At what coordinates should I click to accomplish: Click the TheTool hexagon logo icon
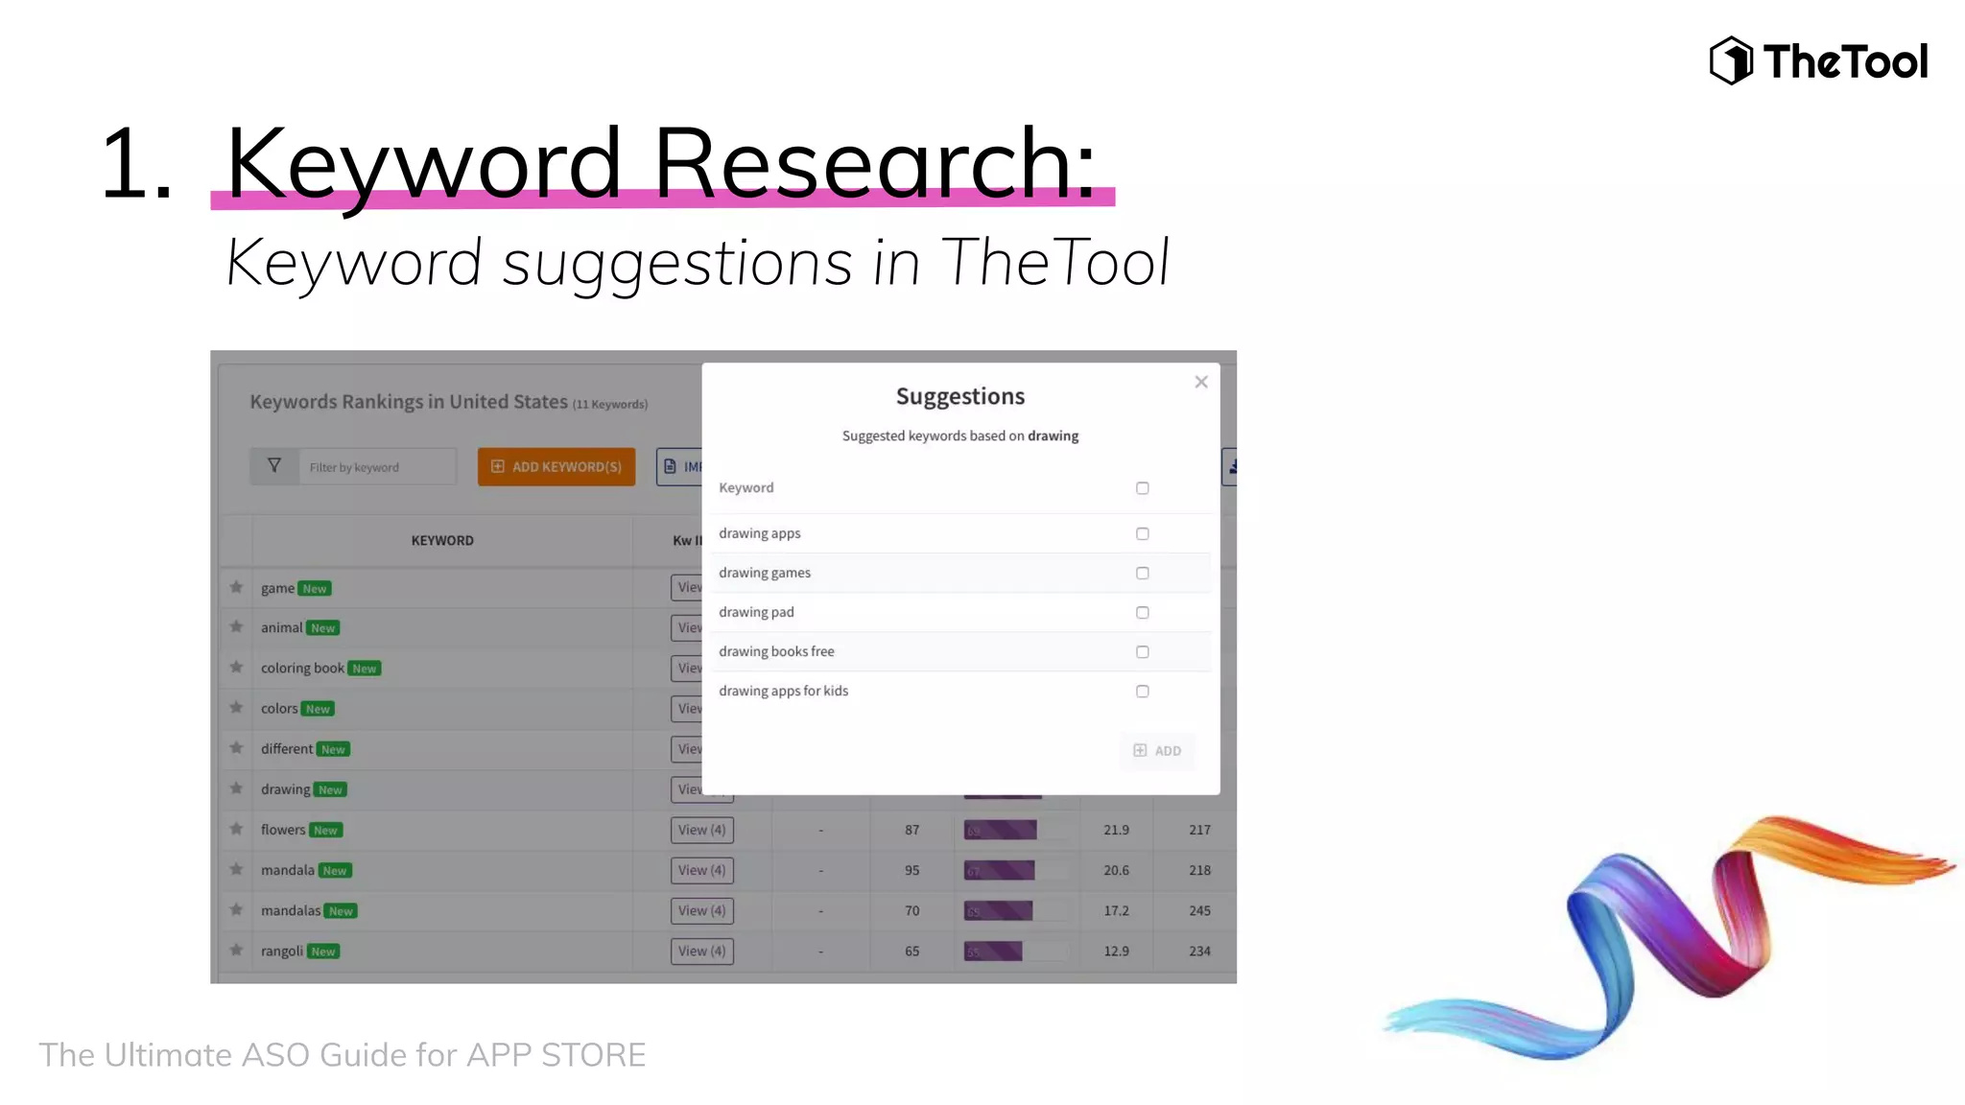pyautogui.click(x=1730, y=60)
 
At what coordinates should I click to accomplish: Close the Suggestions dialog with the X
pyautogui.click(x=1200, y=382)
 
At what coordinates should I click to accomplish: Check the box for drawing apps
pyautogui.click(x=1142, y=533)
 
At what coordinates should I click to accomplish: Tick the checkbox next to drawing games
pyautogui.click(x=1142, y=573)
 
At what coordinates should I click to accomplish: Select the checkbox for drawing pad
pyautogui.click(x=1142, y=612)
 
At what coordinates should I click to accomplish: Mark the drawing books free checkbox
pyautogui.click(x=1142, y=651)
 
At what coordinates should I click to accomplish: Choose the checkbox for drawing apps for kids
pyautogui.click(x=1142, y=691)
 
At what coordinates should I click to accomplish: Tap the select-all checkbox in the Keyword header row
pyautogui.click(x=1142, y=488)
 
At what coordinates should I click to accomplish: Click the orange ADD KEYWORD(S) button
pyautogui.click(x=556, y=467)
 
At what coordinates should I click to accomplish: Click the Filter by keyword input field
pyautogui.click(x=376, y=467)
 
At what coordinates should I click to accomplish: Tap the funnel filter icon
pyautogui.click(x=274, y=466)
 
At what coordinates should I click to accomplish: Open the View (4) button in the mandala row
pyautogui.click(x=701, y=870)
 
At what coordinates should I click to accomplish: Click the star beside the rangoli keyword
pyautogui.click(x=236, y=951)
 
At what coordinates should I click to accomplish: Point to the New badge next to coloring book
pyautogui.click(x=365, y=669)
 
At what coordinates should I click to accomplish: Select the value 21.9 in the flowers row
pyautogui.click(x=1116, y=830)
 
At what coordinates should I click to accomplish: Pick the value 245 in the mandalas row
pyautogui.click(x=1199, y=910)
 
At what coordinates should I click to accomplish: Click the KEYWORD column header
pyautogui.click(x=442, y=541)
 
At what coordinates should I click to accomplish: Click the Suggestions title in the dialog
pyautogui.click(x=959, y=396)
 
